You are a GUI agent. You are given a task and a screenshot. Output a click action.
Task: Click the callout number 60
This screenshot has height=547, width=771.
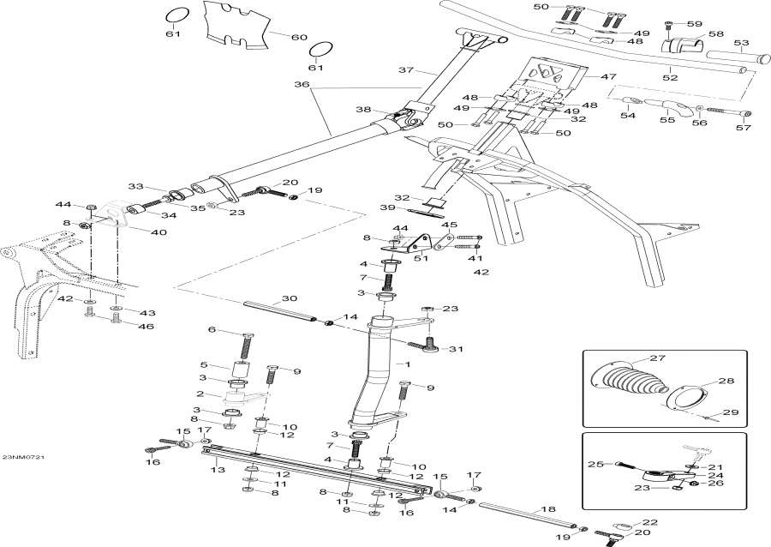point(299,38)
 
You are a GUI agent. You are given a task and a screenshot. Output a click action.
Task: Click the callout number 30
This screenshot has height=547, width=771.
point(290,299)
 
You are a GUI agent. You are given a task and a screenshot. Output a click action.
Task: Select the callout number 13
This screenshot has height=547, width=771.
point(218,470)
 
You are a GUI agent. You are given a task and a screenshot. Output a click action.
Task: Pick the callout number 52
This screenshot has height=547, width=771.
point(670,78)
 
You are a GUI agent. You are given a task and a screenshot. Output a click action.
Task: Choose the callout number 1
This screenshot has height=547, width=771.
point(409,364)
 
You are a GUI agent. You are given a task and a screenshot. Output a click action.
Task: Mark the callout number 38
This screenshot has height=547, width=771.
point(364,110)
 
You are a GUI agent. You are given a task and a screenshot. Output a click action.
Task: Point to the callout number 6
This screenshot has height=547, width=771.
point(212,330)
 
